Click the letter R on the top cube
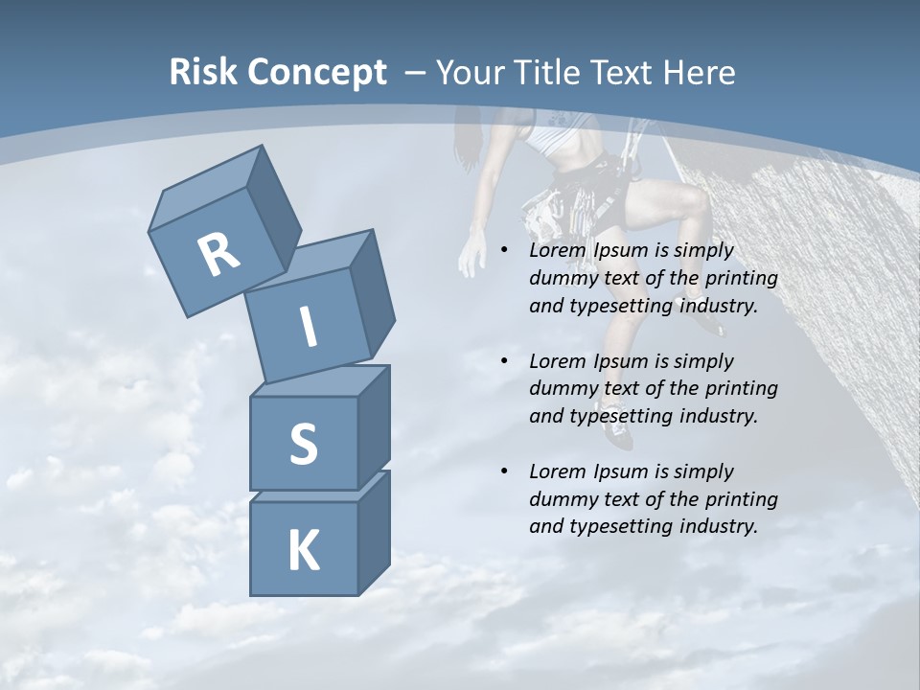point(219,254)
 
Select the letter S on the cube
point(303,444)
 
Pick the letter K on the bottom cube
point(303,551)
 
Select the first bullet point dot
point(505,251)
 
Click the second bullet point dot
point(505,361)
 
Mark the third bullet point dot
point(505,471)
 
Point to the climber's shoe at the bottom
point(619,436)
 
